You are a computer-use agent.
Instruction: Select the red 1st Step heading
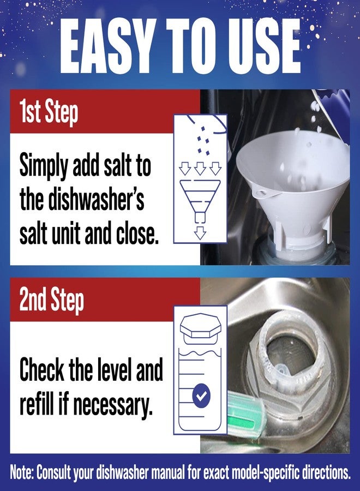tap(49, 112)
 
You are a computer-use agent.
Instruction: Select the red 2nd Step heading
tap(51, 301)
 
